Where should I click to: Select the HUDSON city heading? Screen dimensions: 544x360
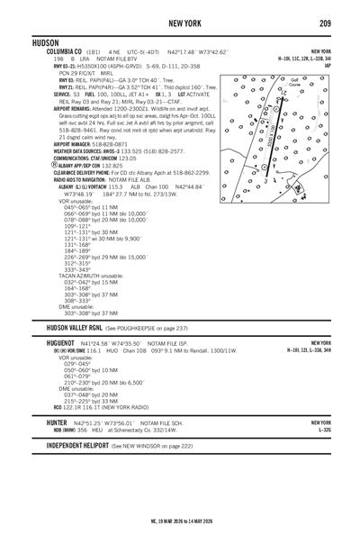point(22,42)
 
